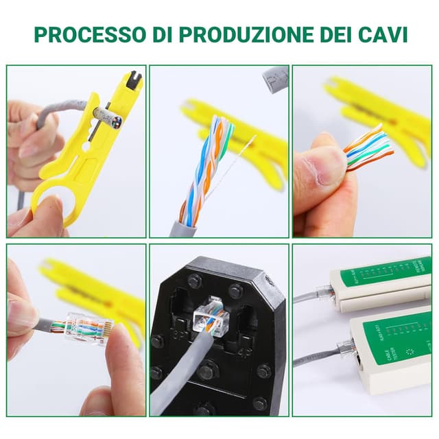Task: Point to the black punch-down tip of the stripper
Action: [136, 78]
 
